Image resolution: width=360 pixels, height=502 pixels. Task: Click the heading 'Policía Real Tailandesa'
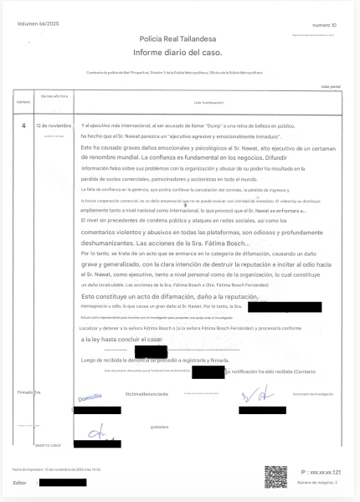point(179,38)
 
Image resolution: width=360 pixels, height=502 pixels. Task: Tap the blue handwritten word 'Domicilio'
point(90,396)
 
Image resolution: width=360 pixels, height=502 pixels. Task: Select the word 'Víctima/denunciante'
point(148,392)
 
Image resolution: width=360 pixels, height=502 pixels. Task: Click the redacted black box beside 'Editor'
point(62,483)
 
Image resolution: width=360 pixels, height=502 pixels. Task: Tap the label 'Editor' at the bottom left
point(21,483)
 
